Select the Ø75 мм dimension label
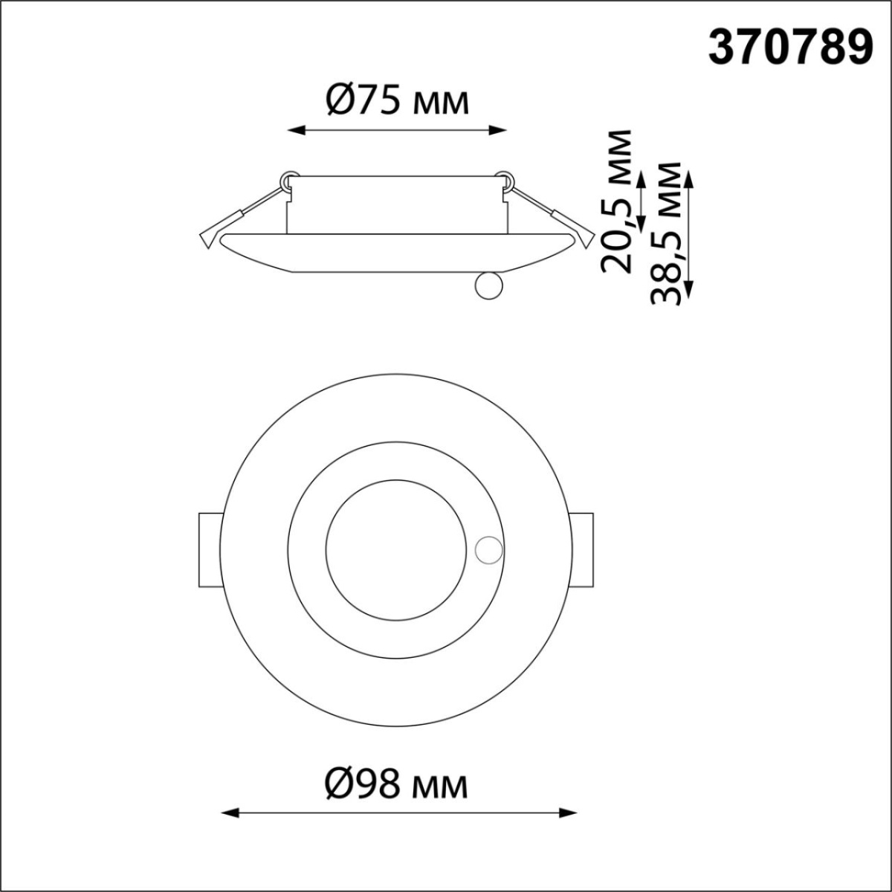pos(398,101)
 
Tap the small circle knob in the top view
pos(488,551)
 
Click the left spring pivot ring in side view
pos(288,179)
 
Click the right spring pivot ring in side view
pos(505,179)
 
